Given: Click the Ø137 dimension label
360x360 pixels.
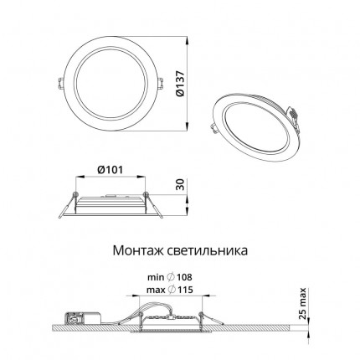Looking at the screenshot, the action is (181, 84).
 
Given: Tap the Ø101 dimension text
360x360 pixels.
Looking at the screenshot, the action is (110, 169).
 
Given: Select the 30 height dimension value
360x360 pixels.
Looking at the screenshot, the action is (181, 185).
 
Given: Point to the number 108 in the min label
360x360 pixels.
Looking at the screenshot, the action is (184, 277).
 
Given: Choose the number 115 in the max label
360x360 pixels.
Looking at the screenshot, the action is (184, 290).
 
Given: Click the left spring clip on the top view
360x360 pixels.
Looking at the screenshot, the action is (60, 84).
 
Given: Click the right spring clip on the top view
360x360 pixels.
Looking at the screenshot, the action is (160, 84).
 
